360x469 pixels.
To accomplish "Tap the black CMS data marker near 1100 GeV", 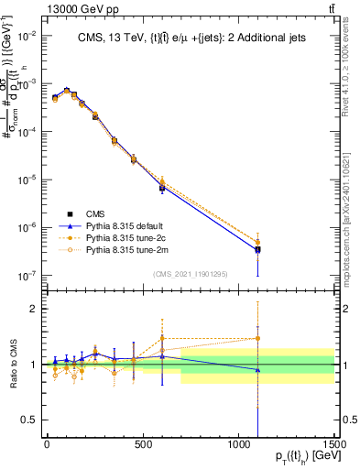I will (x=258, y=249).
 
